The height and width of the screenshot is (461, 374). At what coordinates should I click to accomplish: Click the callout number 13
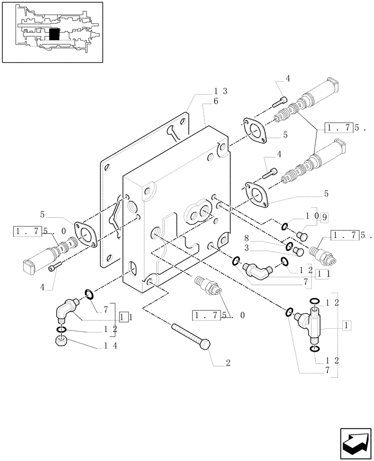coord(219,92)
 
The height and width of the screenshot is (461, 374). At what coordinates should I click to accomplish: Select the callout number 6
coord(215,102)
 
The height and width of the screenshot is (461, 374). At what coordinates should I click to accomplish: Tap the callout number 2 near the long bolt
coord(228,363)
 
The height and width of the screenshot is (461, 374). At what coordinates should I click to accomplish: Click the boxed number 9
coord(324,216)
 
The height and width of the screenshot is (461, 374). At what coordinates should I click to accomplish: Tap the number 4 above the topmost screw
coord(287,78)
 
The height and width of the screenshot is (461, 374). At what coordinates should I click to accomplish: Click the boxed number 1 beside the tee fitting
coord(347,325)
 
